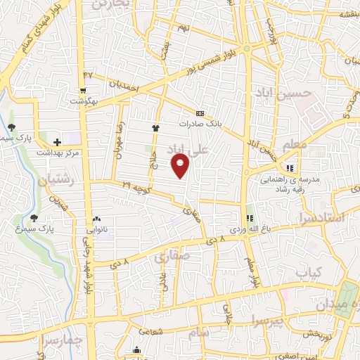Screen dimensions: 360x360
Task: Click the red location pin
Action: tap(181, 166)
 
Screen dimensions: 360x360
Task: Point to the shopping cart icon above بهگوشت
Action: tap(84, 90)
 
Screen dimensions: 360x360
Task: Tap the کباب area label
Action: tap(308, 271)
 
